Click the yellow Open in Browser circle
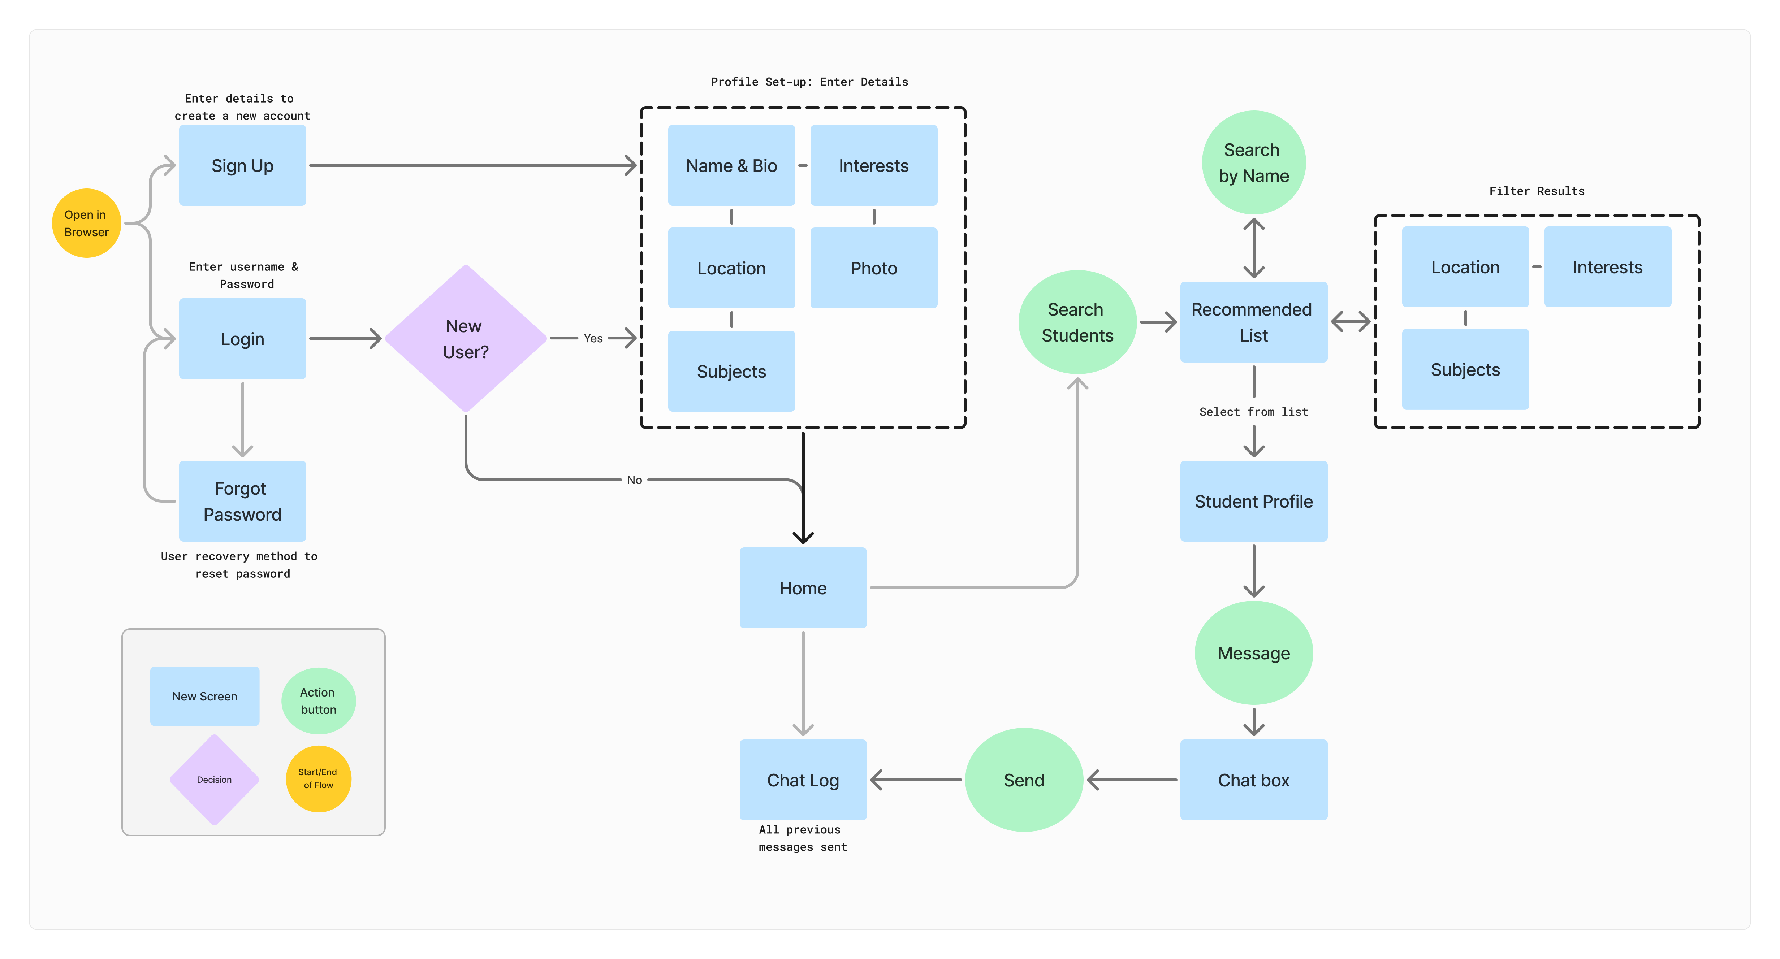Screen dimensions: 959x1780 (x=86, y=223)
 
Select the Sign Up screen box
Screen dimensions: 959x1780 (x=242, y=166)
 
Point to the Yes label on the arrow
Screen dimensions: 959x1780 (x=593, y=339)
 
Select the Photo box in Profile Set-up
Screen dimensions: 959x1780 (x=873, y=268)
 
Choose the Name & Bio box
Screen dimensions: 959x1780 (x=731, y=166)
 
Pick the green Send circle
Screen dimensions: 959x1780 (x=1023, y=780)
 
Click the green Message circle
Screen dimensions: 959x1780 (x=1253, y=653)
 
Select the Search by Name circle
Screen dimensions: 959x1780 (x=1253, y=162)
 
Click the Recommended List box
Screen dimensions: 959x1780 (x=1253, y=322)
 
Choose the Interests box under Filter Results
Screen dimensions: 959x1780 (x=1607, y=268)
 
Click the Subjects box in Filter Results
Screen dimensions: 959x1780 (x=1465, y=370)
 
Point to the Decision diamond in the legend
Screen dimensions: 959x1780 (x=214, y=779)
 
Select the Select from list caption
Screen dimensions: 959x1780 (x=1253, y=412)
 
